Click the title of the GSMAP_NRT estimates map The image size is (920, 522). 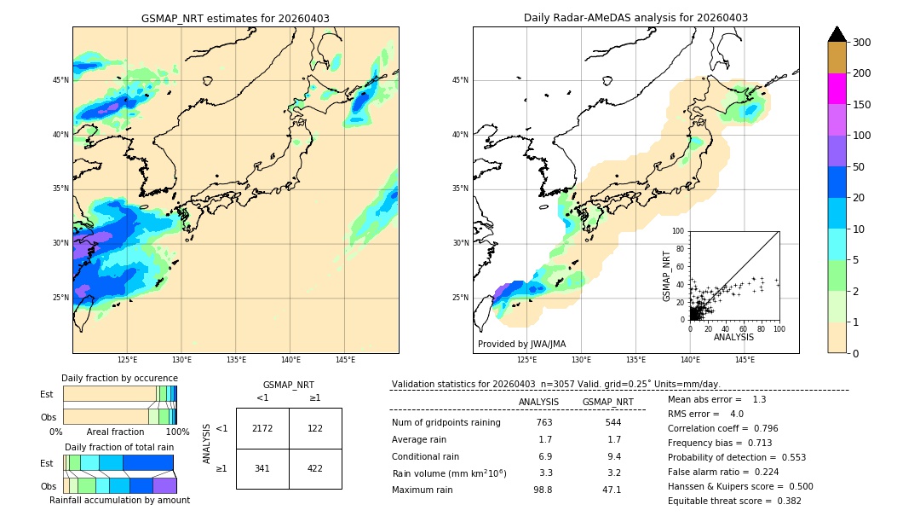pos(235,19)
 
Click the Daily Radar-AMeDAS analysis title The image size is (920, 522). pos(635,18)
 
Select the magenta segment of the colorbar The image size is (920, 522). pos(837,89)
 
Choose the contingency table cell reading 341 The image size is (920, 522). pos(262,468)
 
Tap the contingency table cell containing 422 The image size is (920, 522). pos(315,468)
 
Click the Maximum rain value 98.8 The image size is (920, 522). pos(543,490)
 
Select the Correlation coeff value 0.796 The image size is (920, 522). pos(777,428)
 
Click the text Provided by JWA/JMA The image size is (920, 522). pos(521,344)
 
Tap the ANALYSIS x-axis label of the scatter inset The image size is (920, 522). pos(733,337)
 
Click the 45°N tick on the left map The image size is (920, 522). pos(60,80)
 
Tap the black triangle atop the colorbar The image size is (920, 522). pos(837,34)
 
